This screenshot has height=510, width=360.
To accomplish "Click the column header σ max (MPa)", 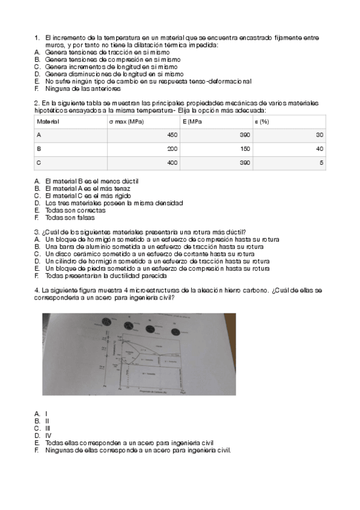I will coord(127,121).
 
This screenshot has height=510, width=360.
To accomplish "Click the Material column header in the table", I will coord(48,121).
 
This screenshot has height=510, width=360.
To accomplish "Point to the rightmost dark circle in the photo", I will coord(176,331).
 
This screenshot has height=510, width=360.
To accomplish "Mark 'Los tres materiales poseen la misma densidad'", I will coord(114,203).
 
